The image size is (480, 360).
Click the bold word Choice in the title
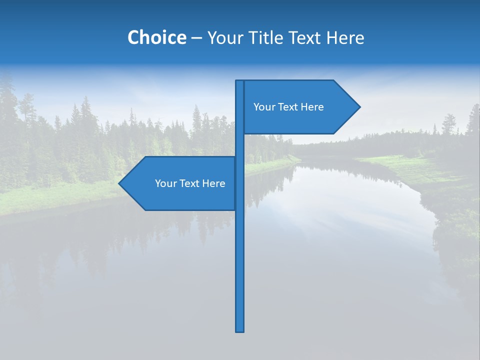156,37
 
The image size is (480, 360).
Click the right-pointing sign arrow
300,107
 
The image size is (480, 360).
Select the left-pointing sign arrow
180,183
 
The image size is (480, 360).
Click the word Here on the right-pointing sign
312,107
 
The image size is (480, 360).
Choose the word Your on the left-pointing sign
165,183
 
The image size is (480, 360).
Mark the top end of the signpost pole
240,82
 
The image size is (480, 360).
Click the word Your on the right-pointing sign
264,107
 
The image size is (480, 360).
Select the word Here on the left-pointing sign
213,183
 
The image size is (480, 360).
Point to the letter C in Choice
134,37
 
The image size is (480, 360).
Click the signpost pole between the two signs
240,145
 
